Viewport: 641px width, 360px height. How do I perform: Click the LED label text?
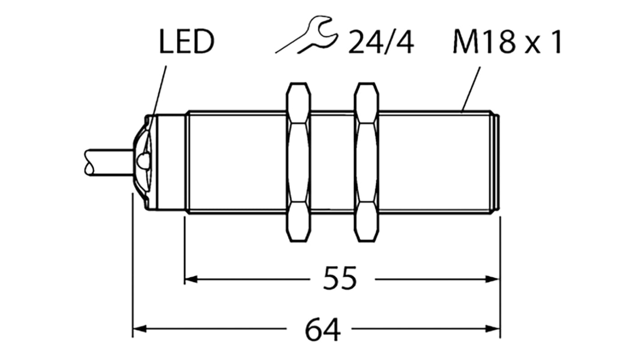tap(186, 43)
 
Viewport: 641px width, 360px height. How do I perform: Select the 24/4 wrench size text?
tap(381, 43)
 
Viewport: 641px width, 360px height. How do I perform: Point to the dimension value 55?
tap(340, 280)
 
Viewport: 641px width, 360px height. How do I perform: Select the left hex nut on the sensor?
tap(298, 162)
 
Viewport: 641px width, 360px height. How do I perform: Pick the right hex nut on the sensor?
tap(367, 162)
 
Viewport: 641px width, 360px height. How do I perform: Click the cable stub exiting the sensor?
tap(108, 162)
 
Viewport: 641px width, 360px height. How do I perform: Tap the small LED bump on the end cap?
tap(142, 160)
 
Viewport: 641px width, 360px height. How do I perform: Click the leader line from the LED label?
tap(160, 90)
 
